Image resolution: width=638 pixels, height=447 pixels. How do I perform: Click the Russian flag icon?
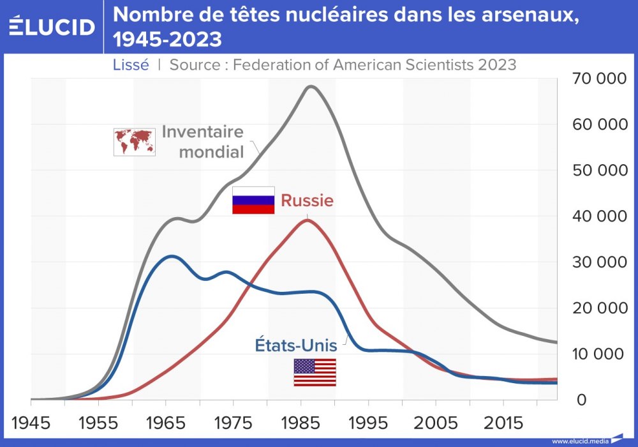pyautogui.click(x=253, y=200)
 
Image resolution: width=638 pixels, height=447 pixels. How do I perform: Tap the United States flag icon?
pyautogui.click(x=315, y=372)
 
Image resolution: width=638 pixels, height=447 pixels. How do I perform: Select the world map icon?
pyautogui.click(x=134, y=142)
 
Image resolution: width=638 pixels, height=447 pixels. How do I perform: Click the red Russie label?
pyautogui.click(x=308, y=201)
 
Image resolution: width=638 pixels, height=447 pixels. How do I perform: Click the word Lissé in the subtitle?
pyautogui.click(x=131, y=64)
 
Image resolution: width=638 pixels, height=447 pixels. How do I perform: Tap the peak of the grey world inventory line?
pyautogui.click(x=311, y=86)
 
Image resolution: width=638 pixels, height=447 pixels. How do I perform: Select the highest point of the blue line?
pyautogui.click(x=170, y=256)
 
